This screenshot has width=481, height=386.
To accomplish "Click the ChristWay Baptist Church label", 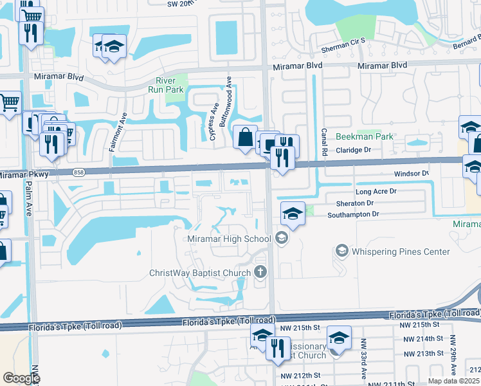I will [x=199, y=273].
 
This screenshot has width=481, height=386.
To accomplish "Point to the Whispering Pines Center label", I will [x=401, y=252].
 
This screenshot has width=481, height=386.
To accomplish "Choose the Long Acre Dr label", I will [x=376, y=192].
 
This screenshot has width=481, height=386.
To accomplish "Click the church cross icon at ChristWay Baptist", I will [x=260, y=272].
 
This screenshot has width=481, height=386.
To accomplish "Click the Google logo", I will [x=21, y=378].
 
